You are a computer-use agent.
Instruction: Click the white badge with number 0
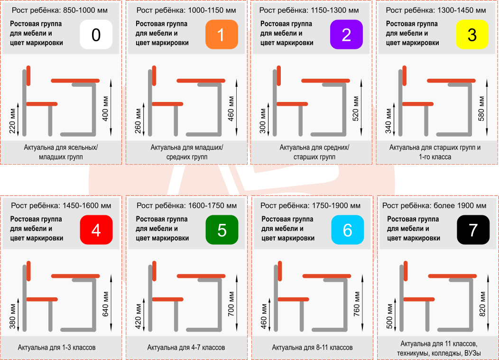[x=96, y=35]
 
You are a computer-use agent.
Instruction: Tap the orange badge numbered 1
[x=222, y=35]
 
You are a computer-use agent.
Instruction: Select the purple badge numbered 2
[x=346, y=35]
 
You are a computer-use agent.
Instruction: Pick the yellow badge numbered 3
[x=472, y=35]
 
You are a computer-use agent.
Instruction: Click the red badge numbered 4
[x=96, y=230]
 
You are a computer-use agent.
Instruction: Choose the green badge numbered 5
[x=222, y=230]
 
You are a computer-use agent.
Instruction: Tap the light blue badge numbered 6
[x=347, y=230]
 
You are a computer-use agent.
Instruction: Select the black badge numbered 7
[x=473, y=230]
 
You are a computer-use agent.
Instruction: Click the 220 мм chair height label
[x=12, y=119]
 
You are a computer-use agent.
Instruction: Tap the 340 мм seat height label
[x=388, y=119]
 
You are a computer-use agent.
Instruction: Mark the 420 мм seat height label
[x=138, y=314]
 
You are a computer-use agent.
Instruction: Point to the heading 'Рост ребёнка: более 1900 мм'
[x=434, y=205]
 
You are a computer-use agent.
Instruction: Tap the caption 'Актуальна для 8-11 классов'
[x=312, y=348]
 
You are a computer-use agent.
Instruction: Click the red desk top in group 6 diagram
[x=326, y=276]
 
